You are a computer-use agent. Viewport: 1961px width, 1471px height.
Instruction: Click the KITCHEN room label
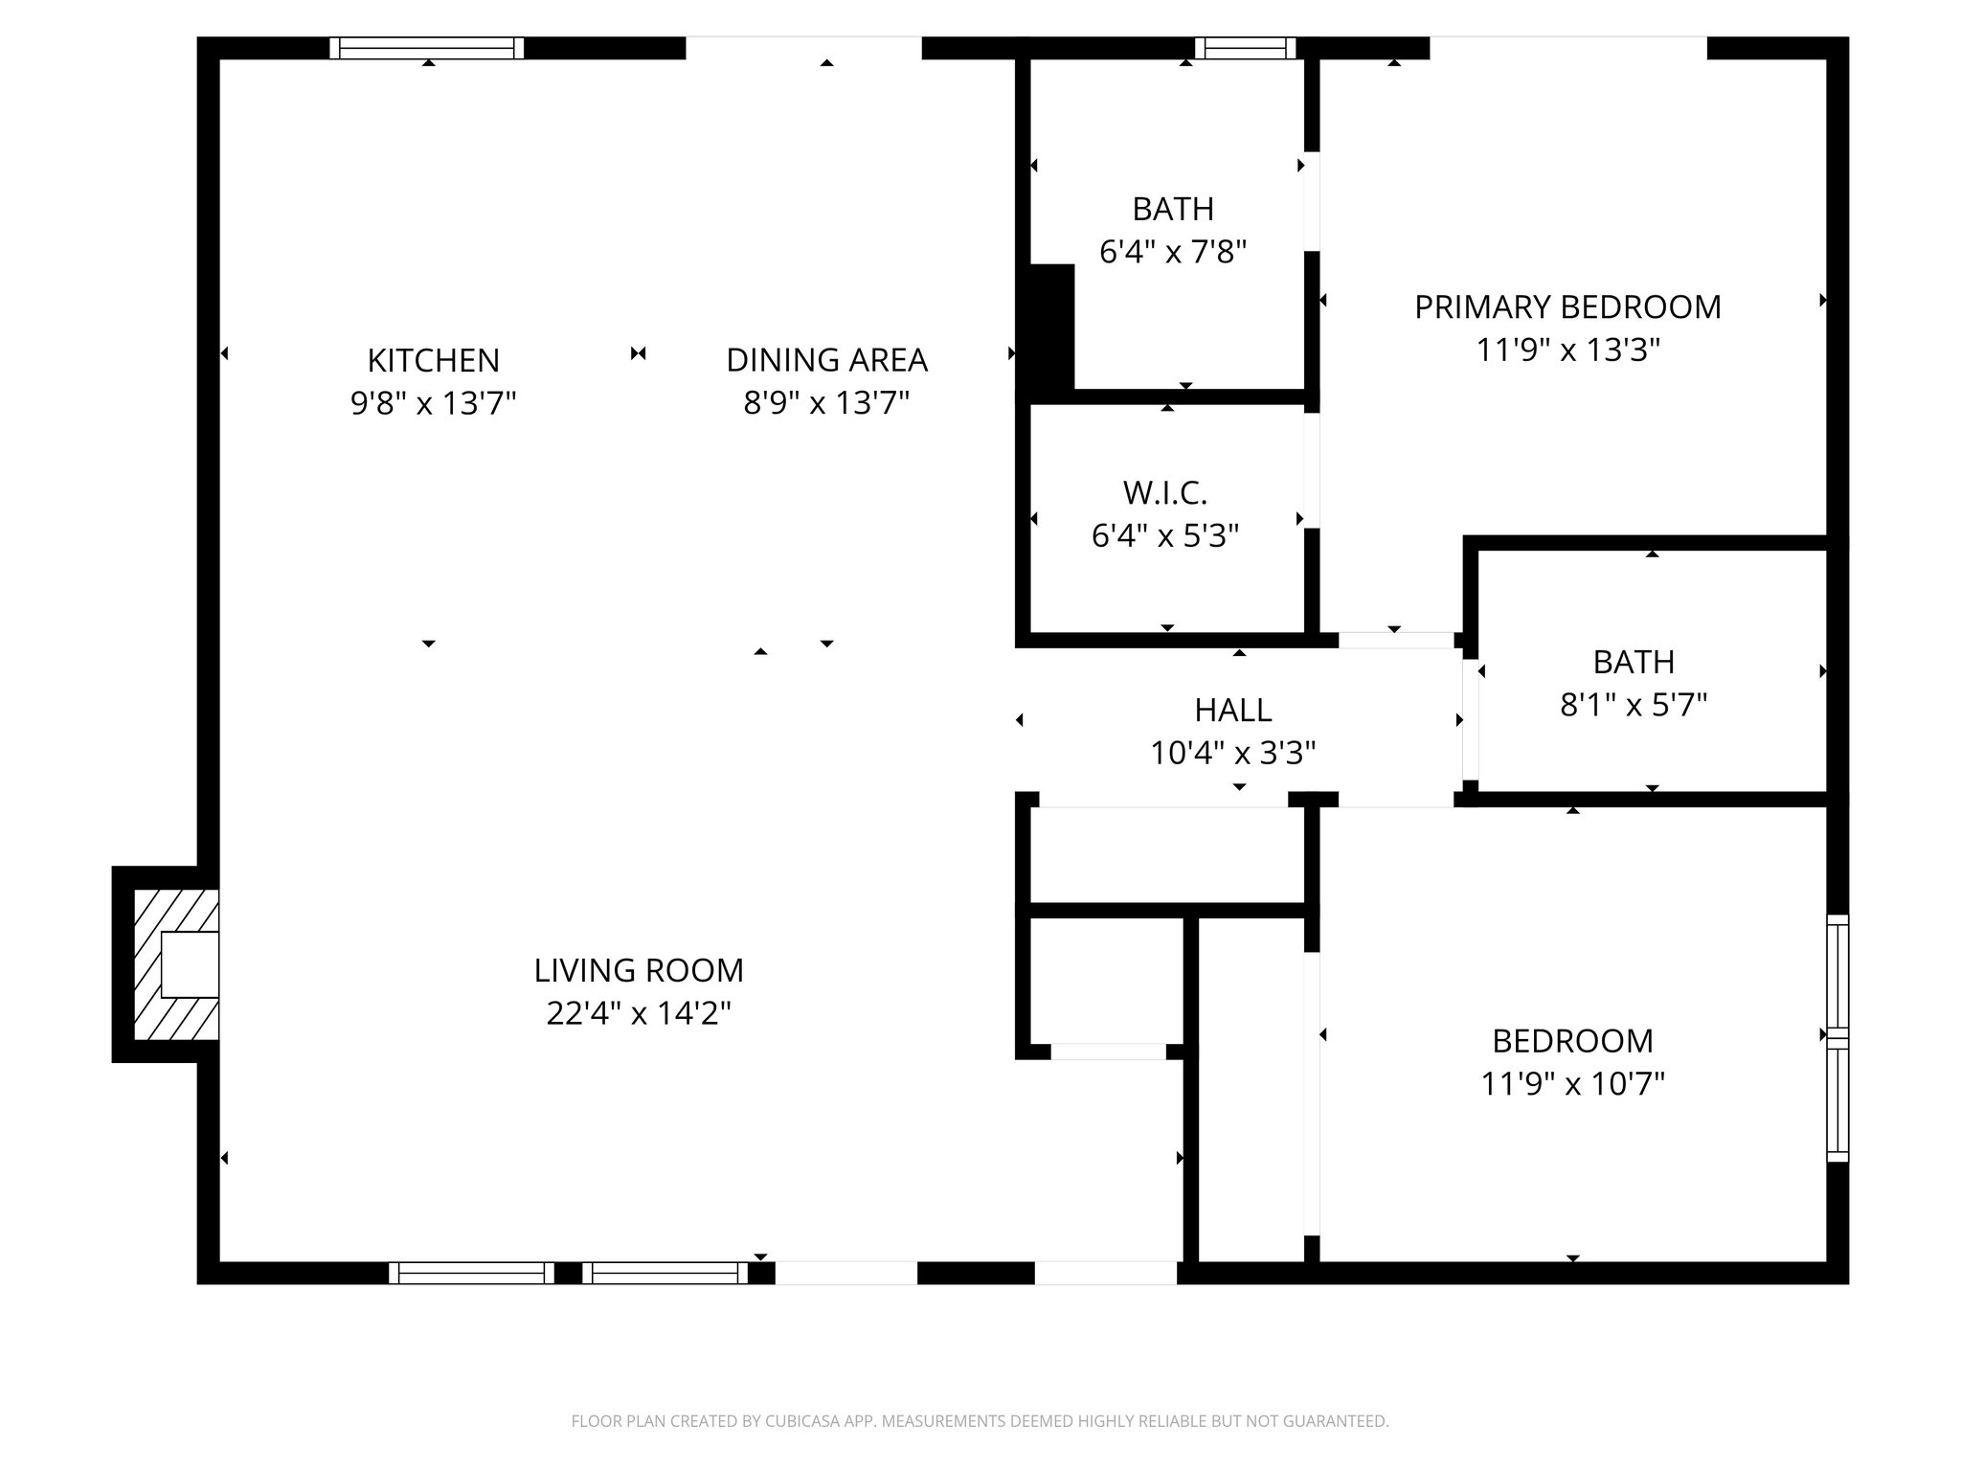pyautogui.click(x=433, y=361)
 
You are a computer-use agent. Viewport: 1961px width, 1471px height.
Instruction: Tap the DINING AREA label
pyautogui.click(x=826, y=361)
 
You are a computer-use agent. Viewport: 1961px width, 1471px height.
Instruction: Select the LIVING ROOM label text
pyautogui.click(x=639, y=971)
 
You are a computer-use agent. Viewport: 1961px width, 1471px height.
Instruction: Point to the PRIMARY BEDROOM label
pyautogui.click(x=1567, y=307)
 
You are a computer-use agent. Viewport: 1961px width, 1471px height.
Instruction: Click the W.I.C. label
pyautogui.click(x=1164, y=493)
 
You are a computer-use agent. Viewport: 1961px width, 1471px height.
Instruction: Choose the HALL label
pyautogui.click(x=1232, y=711)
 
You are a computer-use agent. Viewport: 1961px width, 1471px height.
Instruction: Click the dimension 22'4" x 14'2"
pyautogui.click(x=639, y=1013)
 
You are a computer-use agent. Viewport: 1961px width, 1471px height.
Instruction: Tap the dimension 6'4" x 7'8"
pyautogui.click(x=1172, y=253)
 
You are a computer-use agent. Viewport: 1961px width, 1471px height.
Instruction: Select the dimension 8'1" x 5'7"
pyautogui.click(x=1634, y=706)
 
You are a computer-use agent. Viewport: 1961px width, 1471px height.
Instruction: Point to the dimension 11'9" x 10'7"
pyautogui.click(x=1572, y=1084)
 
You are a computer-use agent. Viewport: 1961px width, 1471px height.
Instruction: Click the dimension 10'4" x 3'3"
pyautogui.click(x=1232, y=754)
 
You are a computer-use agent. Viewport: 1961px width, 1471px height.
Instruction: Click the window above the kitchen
pyautogui.click(x=427, y=48)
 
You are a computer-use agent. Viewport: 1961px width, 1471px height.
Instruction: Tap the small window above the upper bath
pyautogui.click(x=1245, y=48)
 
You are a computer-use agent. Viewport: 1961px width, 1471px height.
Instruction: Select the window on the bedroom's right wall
pyautogui.click(x=1837, y=1038)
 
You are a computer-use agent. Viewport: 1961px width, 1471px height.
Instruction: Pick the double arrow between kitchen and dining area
pyautogui.click(x=639, y=354)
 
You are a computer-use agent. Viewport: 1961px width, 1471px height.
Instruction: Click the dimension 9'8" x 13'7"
pyautogui.click(x=433, y=404)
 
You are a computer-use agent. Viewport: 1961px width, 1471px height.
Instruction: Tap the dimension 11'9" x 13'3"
pyautogui.click(x=1567, y=351)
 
